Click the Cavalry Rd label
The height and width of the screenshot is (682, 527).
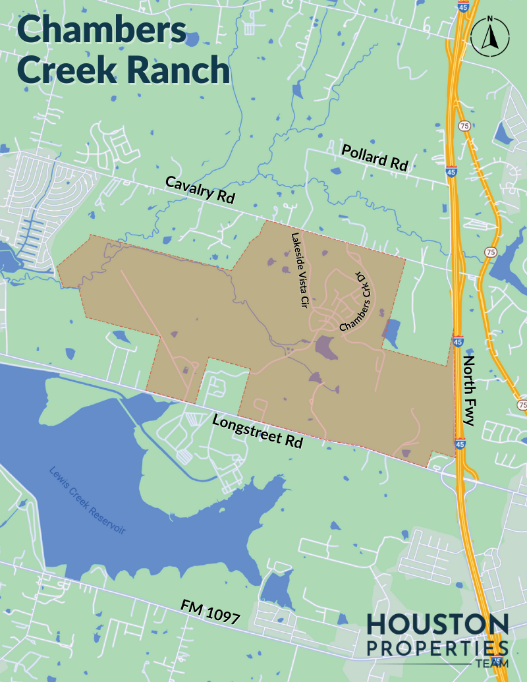coord(200,190)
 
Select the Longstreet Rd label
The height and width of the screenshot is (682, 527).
coord(258,432)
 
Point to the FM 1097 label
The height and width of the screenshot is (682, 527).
coord(210,611)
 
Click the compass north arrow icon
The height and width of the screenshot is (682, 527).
coord(490,38)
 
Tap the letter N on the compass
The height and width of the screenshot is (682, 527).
coord(490,19)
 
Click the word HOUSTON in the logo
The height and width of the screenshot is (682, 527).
coord(437,624)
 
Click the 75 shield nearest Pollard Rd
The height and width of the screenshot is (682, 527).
coord(465,126)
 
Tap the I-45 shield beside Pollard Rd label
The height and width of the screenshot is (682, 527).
coord(451,171)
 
